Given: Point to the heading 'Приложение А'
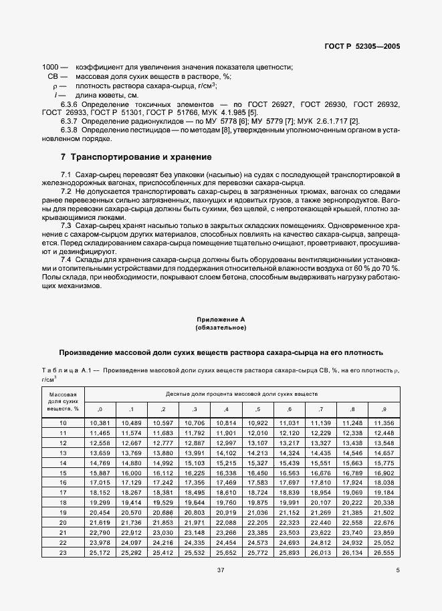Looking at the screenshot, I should (x=221, y=320).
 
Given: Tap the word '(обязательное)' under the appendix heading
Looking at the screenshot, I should (x=221, y=328).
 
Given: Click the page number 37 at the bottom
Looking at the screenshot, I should (x=221, y=570).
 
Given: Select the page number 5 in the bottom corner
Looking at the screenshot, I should (x=397, y=570).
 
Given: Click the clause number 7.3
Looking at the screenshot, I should (x=66, y=226).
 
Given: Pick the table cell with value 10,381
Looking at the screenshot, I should (x=99, y=423).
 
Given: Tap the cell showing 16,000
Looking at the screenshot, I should (x=131, y=472).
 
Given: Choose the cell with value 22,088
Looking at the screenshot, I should (x=226, y=521).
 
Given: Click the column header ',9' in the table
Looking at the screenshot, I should (x=383, y=408).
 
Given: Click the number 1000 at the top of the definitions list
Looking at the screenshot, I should (x=50, y=68).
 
